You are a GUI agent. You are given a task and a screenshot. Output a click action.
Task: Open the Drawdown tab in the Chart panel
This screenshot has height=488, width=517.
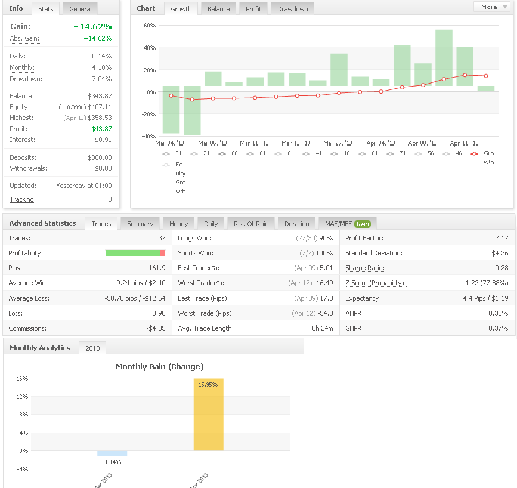[x=292, y=9]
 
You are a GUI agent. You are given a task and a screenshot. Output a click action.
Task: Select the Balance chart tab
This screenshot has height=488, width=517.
[x=219, y=9]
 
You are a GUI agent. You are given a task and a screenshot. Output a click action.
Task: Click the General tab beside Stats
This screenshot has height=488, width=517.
[x=81, y=9]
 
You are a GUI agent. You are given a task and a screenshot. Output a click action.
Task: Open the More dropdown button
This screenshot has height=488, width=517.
[x=491, y=7]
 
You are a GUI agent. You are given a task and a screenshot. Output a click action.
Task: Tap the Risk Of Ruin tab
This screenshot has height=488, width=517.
[x=251, y=224]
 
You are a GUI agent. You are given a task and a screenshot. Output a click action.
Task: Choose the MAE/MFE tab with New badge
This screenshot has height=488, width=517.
[x=348, y=224]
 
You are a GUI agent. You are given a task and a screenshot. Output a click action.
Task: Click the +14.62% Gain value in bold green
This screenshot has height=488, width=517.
[x=92, y=26]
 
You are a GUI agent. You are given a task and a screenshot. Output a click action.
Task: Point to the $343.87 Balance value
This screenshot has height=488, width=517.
[x=100, y=96]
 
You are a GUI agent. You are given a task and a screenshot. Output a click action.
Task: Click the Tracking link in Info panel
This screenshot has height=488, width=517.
[x=23, y=199]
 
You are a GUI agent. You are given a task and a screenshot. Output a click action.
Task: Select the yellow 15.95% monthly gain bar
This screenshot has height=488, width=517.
[x=208, y=415]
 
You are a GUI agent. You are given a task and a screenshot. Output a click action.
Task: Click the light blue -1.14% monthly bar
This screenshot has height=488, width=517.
[x=112, y=453]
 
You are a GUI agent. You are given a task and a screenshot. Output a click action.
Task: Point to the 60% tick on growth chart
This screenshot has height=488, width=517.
[x=150, y=26]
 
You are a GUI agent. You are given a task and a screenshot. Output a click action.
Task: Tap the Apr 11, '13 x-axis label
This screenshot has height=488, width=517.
[x=464, y=143]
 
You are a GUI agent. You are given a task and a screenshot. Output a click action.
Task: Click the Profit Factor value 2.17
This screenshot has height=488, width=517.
[x=501, y=238]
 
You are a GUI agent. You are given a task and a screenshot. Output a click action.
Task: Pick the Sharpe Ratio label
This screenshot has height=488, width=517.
[x=365, y=268]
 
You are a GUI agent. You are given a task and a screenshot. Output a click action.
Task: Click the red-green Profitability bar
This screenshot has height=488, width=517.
[x=135, y=253]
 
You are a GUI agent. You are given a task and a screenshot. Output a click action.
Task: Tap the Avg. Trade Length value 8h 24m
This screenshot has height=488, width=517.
[x=323, y=328]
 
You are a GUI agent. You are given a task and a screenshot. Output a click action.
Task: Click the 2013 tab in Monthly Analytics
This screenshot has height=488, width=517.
[x=92, y=348]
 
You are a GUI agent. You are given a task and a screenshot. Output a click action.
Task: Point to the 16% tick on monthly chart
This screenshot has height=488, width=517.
[x=23, y=378]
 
